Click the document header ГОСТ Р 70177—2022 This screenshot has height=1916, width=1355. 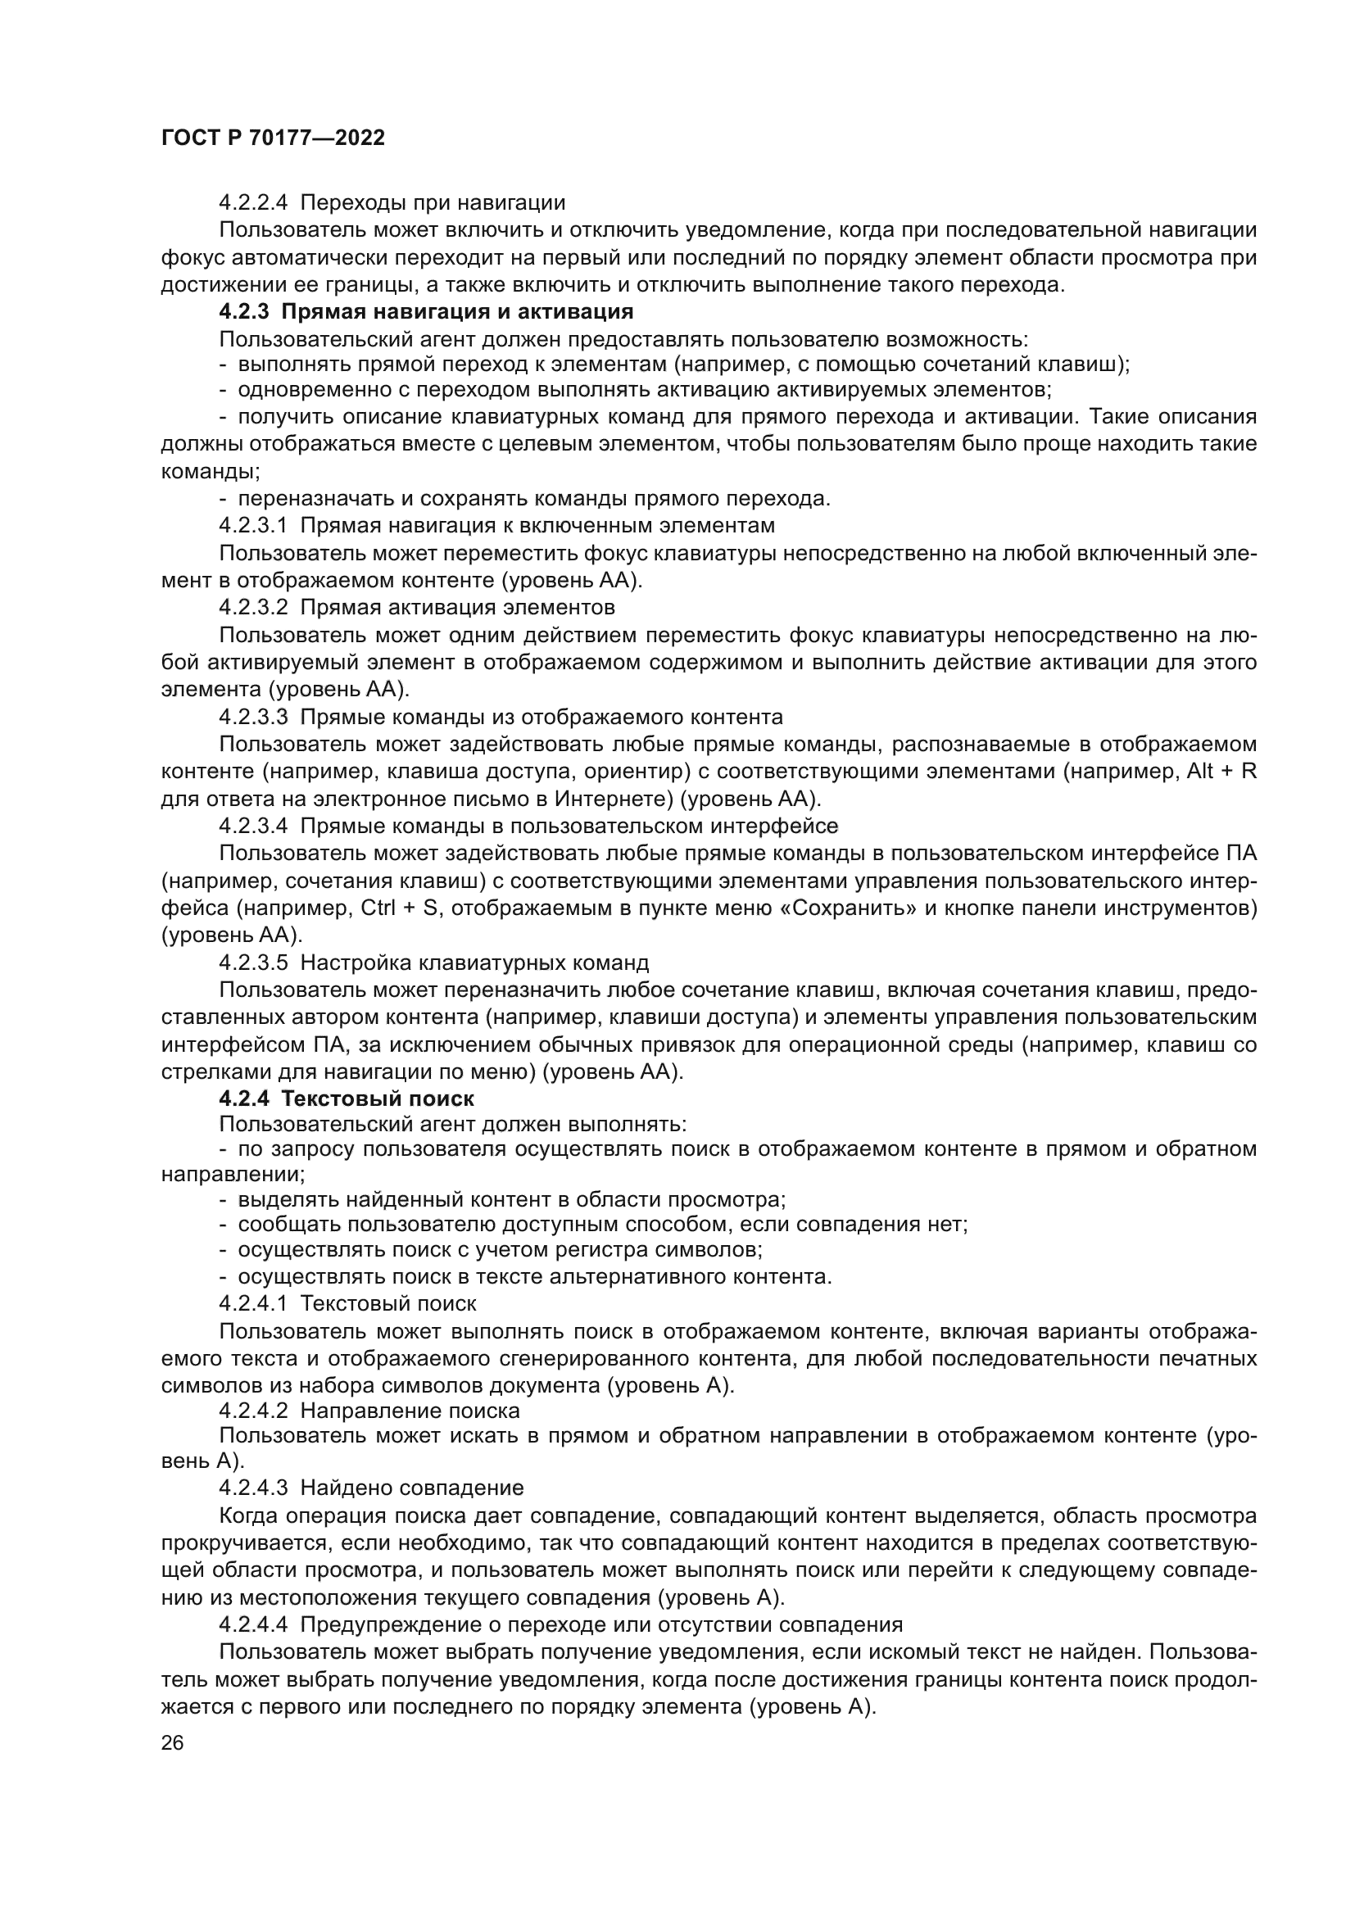click(273, 138)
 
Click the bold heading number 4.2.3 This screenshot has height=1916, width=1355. click(245, 312)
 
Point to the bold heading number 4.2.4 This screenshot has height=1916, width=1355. click(245, 1099)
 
